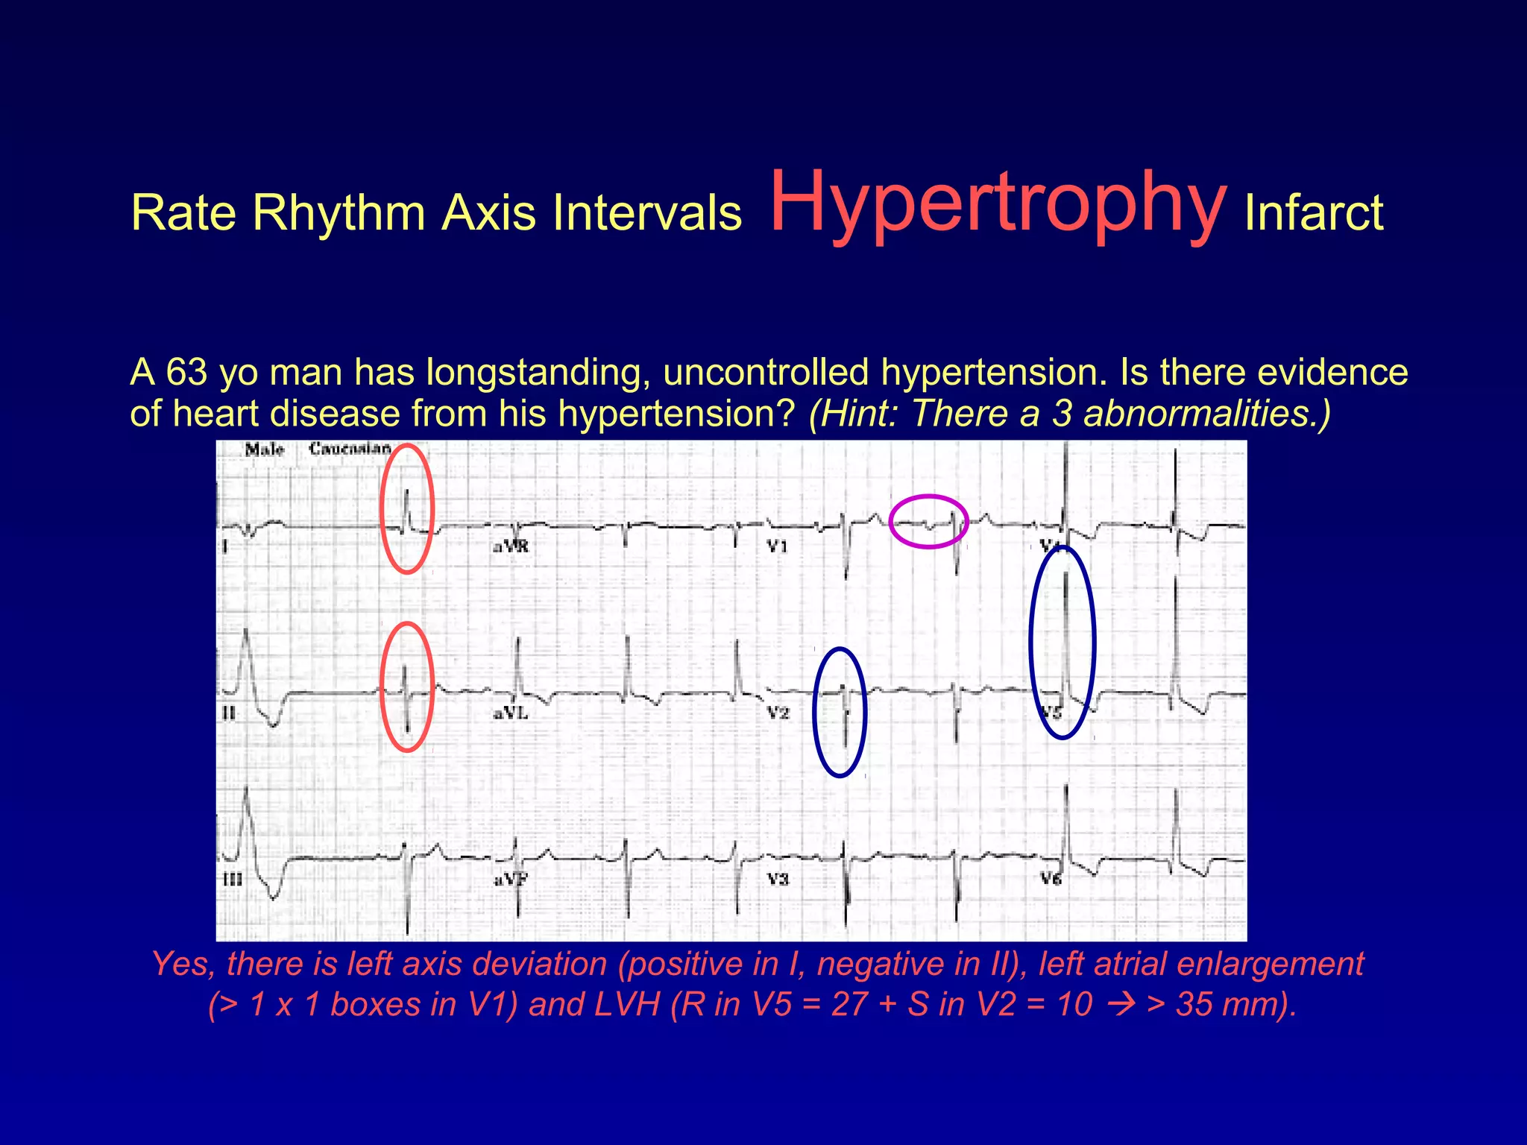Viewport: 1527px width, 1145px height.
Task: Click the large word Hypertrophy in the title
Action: pyautogui.click(x=998, y=203)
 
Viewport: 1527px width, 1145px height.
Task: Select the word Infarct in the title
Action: pyautogui.click(x=1314, y=213)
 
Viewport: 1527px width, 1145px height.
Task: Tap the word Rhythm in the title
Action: pyautogui.click(x=339, y=213)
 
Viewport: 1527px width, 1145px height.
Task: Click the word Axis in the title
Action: pyautogui.click(x=489, y=213)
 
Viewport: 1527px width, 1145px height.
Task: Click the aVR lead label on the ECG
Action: pyautogui.click(x=511, y=546)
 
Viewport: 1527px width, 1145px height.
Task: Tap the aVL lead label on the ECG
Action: pyautogui.click(x=511, y=713)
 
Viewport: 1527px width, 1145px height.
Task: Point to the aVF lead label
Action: pyautogui.click(x=511, y=880)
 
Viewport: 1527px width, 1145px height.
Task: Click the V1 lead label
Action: pyautogui.click(x=777, y=546)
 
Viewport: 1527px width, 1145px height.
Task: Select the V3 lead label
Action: pyautogui.click(x=778, y=880)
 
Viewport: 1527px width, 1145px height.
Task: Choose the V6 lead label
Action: pyautogui.click(x=1051, y=880)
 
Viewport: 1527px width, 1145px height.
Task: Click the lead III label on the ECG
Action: pyautogui.click(x=233, y=880)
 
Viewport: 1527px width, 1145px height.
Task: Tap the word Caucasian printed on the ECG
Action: pyautogui.click(x=350, y=449)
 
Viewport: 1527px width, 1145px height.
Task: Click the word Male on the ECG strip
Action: pyautogui.click(x=265, y=450)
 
